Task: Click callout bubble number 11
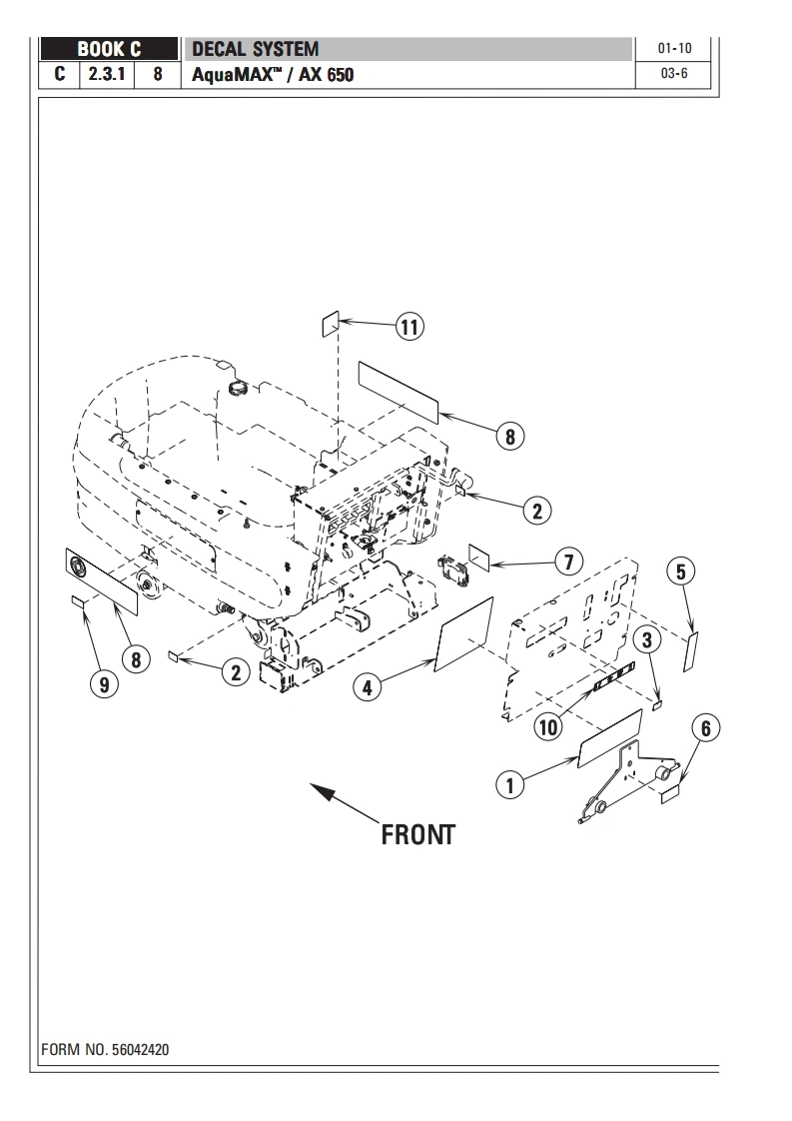(x=409, y=327)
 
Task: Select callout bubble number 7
(x=568, y=561)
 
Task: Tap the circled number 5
(x=681, y=571)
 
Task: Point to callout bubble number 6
(x=705, y=728)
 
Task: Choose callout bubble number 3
(x=646, y=638)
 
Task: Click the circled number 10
(x=548, y=726)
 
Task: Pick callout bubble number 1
(x=510, y=784)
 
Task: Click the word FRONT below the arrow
(x=417, y=834)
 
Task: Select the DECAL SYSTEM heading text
(x=255, y=49)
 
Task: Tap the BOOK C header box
(x=110, y=49)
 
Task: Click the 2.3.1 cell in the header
(x=106, y=74)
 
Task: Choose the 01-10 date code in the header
(x=675, y=48)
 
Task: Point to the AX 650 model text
(x=326, y=75)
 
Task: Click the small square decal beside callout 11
(x=330, y=324)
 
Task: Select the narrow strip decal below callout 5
(x=690, y=651)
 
